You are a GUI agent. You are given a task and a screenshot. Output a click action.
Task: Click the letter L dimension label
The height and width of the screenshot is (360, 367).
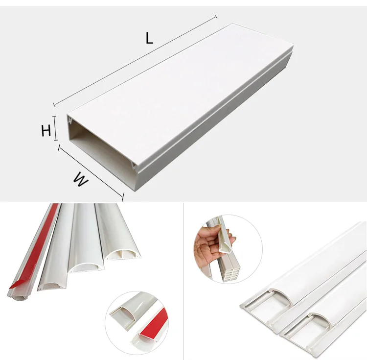pyautogui.click(x=149, y=39)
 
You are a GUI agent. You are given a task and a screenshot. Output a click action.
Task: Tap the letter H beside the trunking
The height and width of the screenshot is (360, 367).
pyautogui.click(x=46, y=131)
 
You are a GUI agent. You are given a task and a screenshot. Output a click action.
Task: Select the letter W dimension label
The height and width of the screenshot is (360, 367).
pyautogui.click(x=81, y=180)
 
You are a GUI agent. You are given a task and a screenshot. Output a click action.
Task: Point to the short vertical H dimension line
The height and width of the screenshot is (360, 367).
pyautogui.click(x=55, y=128)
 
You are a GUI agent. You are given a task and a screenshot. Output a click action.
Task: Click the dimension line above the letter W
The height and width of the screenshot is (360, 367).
pyautogui.click(x=91, y=171)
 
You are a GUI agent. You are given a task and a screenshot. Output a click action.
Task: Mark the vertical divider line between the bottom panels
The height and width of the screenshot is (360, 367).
pyautogui.click(x=183, y=279)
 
